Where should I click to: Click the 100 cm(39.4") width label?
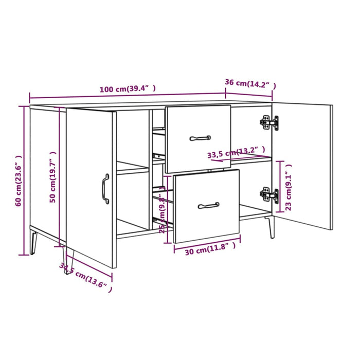[128, 89]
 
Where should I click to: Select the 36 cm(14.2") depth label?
[250, 83]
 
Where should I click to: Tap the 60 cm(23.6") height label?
[19, 181]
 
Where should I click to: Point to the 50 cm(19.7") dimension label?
[52, 177]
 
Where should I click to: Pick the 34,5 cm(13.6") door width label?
[85, 278]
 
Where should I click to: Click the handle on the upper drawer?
[200, 138]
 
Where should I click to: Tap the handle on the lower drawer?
[208, 206]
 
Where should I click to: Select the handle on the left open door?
[105, 189]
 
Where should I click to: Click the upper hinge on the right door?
[269, 122]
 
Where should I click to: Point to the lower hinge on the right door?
[269, 194]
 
